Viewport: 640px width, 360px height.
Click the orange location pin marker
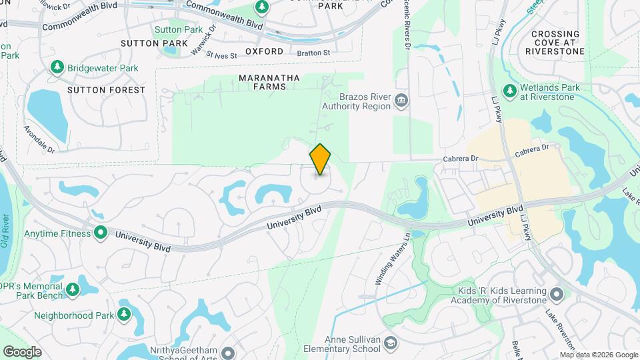(320, 159)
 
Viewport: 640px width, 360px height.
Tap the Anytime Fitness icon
(101, 233)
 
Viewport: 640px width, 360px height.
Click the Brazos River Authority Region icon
(402, 101)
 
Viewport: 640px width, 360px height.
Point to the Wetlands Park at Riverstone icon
(509, 90)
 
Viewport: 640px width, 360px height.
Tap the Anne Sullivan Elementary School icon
(391, 344)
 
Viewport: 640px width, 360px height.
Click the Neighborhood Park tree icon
(123, 314)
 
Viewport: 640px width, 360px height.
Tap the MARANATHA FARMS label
(269, 83)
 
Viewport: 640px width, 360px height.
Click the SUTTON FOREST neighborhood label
(106, 90)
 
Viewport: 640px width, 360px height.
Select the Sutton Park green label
(178, 30)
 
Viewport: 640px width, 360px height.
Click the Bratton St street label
(313, 52)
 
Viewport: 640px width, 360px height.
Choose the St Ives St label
(221, 55)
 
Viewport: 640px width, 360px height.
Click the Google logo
(22, 351)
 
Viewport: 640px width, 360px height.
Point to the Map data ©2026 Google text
(598, 355)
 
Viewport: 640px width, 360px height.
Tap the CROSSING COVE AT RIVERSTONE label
(555, 42)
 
